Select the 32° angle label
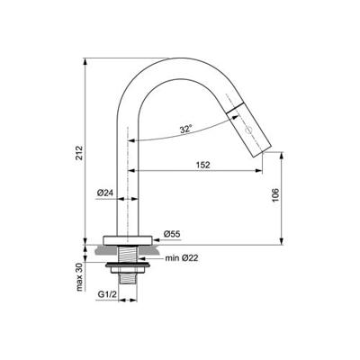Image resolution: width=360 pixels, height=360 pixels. pyautogui.click(x=185, y=129)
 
